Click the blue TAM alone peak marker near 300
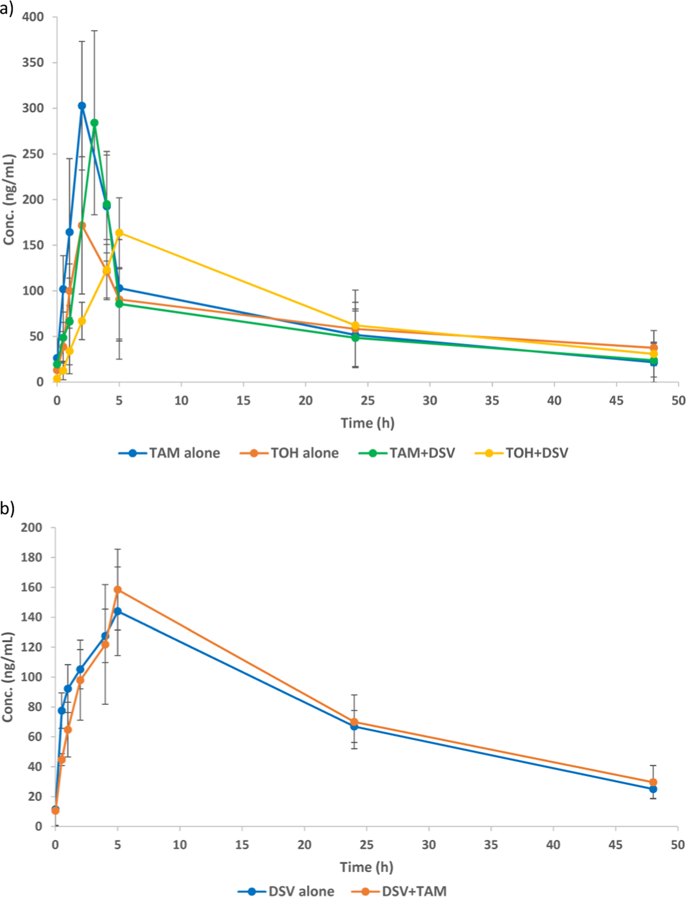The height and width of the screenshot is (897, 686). point(82,106)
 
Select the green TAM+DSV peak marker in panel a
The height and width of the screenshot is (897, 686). point(94,123)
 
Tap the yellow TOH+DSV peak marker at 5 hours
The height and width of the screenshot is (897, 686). point(119,233)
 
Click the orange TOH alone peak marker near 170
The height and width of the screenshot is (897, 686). point(82,226)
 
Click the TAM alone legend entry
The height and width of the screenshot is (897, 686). point(169,453)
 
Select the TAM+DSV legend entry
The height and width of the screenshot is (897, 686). point(407,453)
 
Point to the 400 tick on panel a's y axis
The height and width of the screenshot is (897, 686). point(33,17)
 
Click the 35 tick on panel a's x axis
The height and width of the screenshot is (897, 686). point(492,401)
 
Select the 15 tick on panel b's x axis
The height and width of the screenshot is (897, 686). point(242,845)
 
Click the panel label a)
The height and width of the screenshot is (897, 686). point(7,9)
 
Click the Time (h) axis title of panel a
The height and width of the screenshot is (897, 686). point(367,423)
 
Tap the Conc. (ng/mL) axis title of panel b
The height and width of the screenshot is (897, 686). point(7,677)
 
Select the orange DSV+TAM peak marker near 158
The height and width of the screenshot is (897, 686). point(118,590)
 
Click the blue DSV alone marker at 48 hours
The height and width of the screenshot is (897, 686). point(653,789)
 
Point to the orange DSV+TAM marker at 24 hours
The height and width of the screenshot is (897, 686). point(354,722)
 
